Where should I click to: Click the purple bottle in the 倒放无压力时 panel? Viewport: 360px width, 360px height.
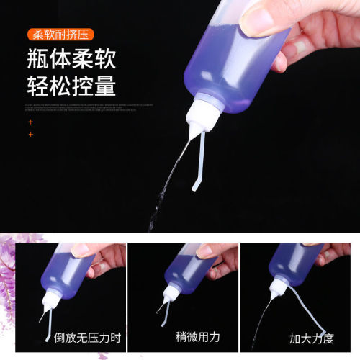68,270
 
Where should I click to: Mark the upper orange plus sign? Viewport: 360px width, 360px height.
30,122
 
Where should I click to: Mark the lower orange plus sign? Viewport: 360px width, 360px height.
30,134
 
